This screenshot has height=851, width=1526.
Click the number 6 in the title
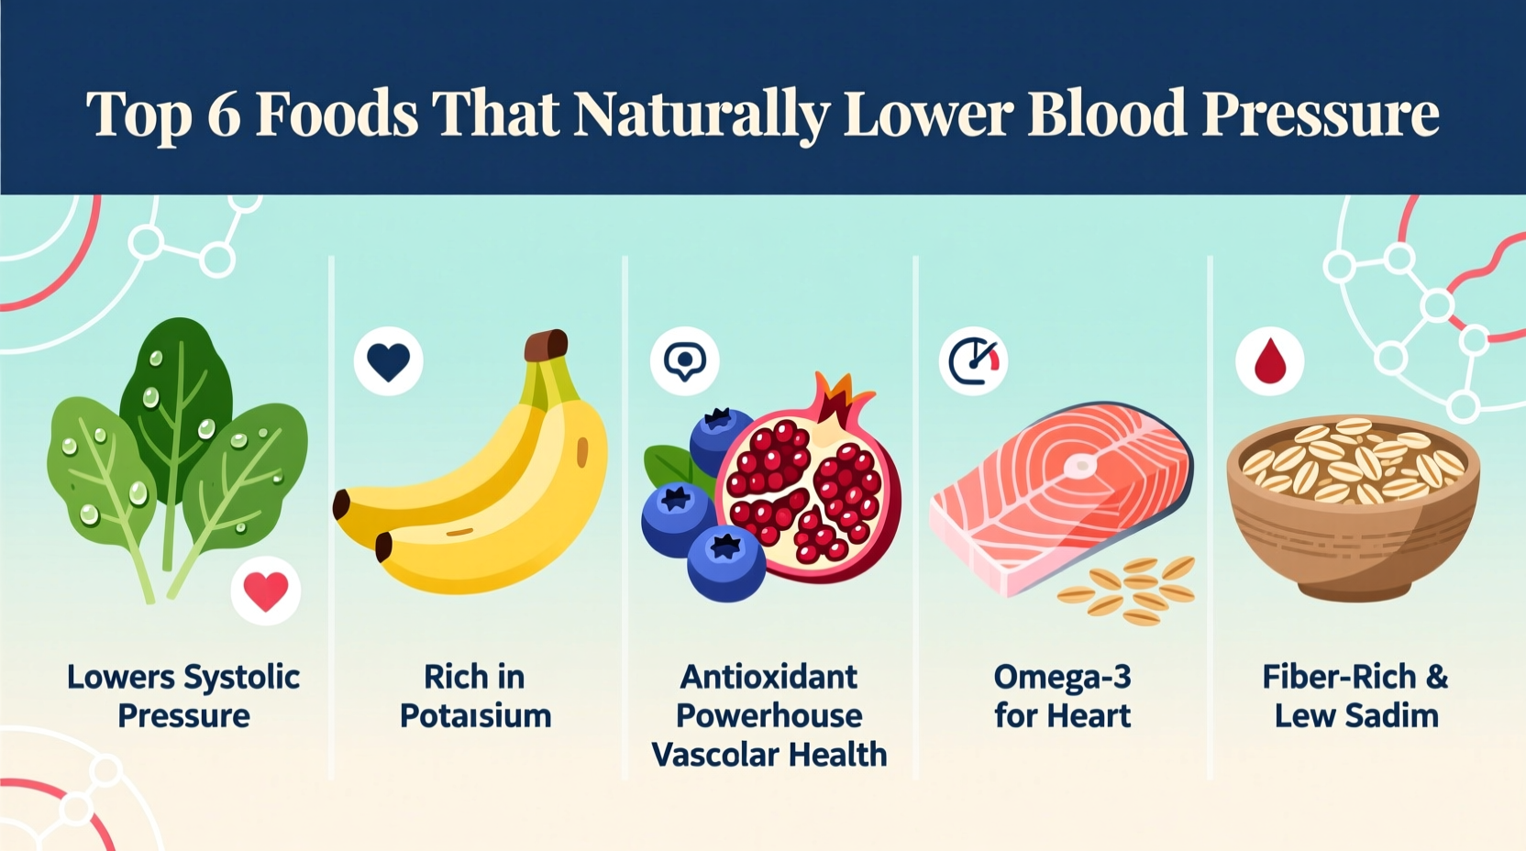pyautogui.click(x=224, y=114)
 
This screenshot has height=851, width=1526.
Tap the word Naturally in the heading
pyautogui.click(x=701, y=116)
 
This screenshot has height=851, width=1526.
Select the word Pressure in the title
pyautogui.click(x=1321, y=114)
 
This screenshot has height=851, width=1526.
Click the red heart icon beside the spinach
pyautogui.click(x=266, y=591)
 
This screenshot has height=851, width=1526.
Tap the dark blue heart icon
pyautogui.click(x=388, y=361)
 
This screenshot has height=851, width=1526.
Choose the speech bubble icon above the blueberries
pyautogui.click(x=684, y=361)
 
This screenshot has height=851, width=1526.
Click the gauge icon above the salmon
pyautogui.click(x=973, y=361)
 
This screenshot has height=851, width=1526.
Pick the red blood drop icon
pyautogui.click(x=1269, y=361)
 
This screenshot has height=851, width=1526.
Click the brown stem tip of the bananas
pyautogui.click(x=547, y=346)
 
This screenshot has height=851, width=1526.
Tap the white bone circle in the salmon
pyautogui.click(x=1080, y=466)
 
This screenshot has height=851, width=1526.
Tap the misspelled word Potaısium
pyautogui.click(x=475, y=716)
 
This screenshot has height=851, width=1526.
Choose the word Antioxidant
pyautogui.click(x=769, y=678)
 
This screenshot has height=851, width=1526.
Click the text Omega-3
pyautogui.click(x=1062, y=678)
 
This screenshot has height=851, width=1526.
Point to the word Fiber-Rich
pyautogui.click(x=1339, y=678)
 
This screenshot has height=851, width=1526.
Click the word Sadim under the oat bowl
pyautogui.click(x=1391, y=716)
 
